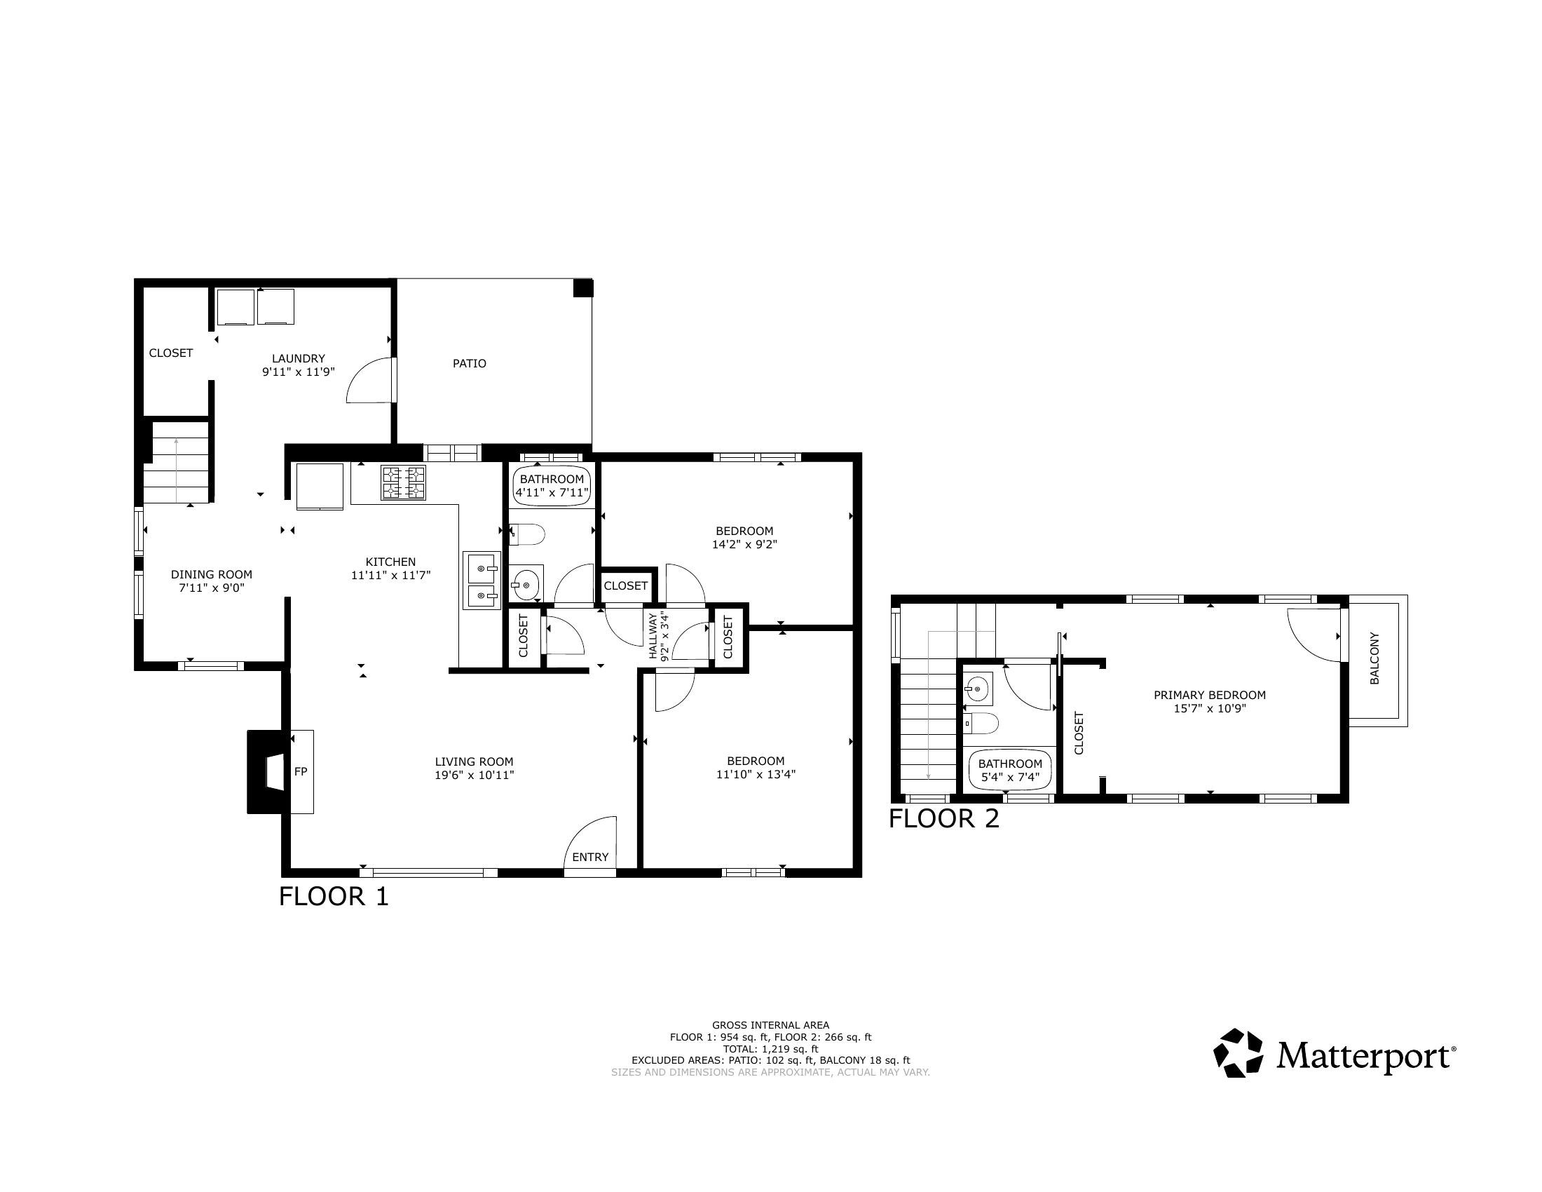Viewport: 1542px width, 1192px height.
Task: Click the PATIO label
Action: click(470, 364)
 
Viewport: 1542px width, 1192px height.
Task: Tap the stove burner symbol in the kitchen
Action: click(403, 483)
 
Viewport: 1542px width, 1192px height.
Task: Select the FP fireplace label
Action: click(301, 772)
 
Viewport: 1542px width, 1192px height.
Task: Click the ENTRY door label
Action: click(590, 858)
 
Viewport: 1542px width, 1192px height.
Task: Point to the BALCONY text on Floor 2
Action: click(1374, 659)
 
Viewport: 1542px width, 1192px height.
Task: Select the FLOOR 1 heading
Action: click(333, 897)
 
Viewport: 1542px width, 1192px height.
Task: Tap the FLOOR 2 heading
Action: click(944, 819)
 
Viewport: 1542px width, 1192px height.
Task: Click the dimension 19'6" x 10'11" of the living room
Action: click(474, 776)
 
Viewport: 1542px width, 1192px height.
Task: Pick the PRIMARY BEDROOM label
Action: click(1210, 695)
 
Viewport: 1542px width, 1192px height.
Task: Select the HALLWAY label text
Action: click(653, 636)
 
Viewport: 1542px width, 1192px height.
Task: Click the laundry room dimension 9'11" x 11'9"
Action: click(298, 372)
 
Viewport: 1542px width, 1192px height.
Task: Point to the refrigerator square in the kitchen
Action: click(320, 486)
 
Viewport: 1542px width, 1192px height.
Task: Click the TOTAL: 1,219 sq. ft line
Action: click(770, 1049)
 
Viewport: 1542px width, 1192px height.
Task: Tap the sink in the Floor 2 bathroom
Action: click(978, 689)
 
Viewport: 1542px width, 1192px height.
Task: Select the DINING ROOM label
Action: click(211, 575)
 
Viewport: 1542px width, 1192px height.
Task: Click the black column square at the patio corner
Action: click(582, 288)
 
